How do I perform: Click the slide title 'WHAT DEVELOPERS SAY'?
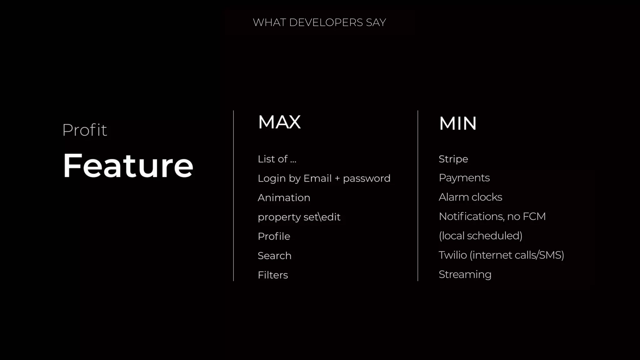point(319,22)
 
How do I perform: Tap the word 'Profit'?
point(85,130)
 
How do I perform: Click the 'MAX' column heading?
point(279,122)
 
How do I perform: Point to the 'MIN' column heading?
point(458,123)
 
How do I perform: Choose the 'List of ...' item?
point(277,159)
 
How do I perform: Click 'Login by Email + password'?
point(324,178)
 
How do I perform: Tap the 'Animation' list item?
point(284,198)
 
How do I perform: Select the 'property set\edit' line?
point(299,217)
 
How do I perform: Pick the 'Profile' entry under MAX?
point(274,236)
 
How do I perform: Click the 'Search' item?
point(274,256)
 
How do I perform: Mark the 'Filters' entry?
point(273,275)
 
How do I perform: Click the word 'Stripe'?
point(453,159)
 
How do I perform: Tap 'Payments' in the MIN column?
point(464,178)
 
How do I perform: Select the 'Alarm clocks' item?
point(470,197)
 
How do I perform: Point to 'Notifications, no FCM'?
point(492,216)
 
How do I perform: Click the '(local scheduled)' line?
point(481,236)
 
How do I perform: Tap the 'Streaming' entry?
point(465,274)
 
